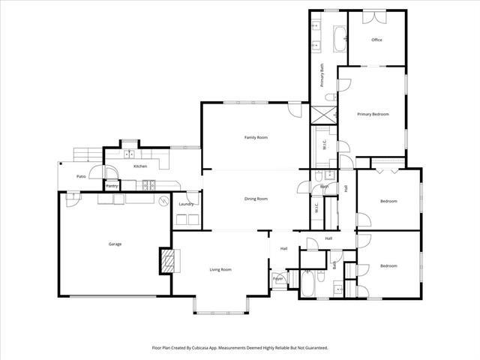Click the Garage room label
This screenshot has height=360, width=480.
pos(115,244)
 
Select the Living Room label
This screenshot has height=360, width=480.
pos(220,269)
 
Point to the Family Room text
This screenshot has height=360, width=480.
pos(256,137)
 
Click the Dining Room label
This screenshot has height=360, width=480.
pos(256,199)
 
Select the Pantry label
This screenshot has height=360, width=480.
pos(112,185)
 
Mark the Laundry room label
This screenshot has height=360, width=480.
pos(187,204)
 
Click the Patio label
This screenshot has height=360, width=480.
pos(80,176)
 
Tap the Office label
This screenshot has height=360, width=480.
pos(376,40)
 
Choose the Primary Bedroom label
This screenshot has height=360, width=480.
pos(373,114)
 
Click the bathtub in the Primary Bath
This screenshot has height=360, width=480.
pos(339,37)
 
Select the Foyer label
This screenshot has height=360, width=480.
pos(277,279)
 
